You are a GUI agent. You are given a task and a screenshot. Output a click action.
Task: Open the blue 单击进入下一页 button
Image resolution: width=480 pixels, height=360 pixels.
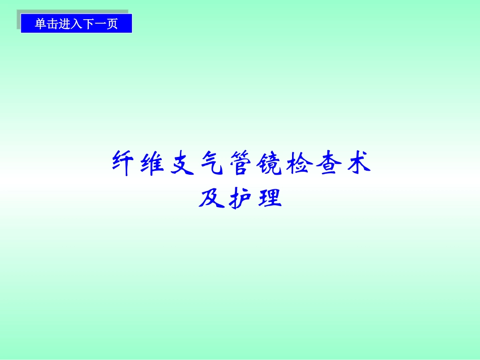pos(76,24)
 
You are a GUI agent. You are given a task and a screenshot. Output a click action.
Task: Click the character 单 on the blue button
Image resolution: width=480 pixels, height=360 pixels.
pos(40,24)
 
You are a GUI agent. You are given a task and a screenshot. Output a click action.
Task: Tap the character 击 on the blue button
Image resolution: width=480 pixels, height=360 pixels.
pos(53,24)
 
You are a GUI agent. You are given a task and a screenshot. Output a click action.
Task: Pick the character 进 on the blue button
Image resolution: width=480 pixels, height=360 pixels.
pos(65,24)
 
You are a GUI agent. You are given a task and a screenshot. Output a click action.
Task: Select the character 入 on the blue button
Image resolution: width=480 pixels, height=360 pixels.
pos(76,24)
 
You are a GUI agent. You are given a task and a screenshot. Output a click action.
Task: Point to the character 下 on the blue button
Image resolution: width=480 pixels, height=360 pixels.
pos(88,24)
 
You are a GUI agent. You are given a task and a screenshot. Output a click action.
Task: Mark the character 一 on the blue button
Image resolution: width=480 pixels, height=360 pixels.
pos(100,24)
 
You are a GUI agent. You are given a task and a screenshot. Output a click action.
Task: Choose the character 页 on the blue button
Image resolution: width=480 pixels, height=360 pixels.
pos(112,24)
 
